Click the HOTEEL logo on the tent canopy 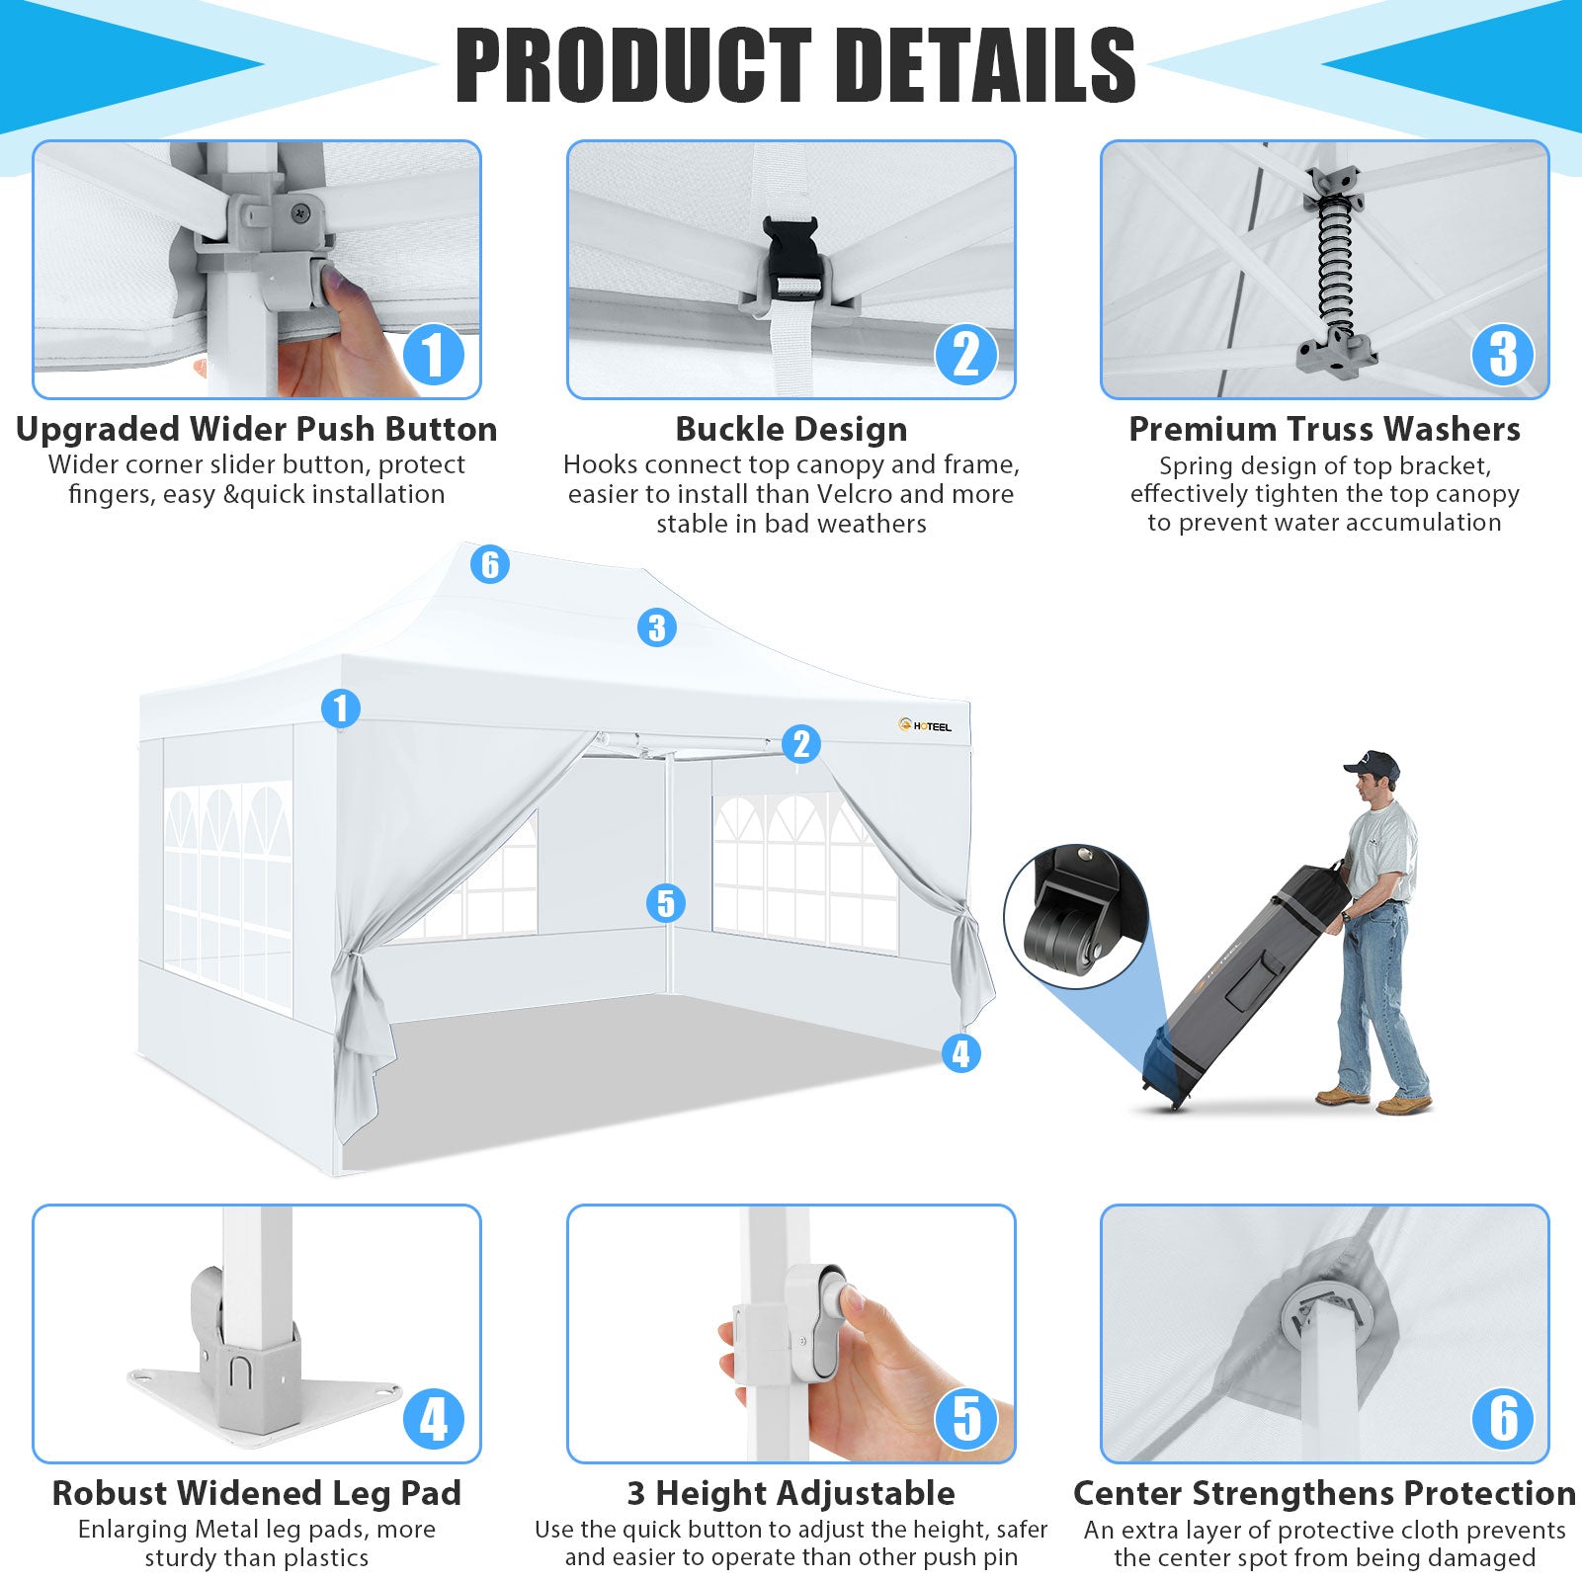[925, 726]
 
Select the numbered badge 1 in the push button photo [433, 355]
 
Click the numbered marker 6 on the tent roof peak [489, 564]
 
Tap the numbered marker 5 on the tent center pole [665, 903]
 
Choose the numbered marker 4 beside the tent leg [961, 1053]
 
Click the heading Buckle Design [791, 430]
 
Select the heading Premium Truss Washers [1325, 430]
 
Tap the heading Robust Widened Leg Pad [257, 1493]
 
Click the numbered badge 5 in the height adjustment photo [966, 1419]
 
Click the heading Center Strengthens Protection [1325, 1493]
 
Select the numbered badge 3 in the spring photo [1502, 355]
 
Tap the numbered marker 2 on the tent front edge [801, 744]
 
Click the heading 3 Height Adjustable [791, 1493]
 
